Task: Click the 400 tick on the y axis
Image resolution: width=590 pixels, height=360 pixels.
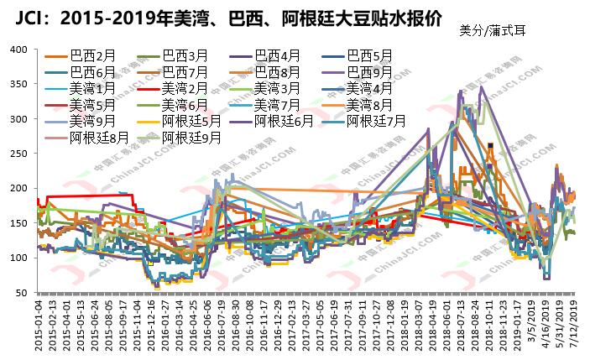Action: pyautogui.click(x=18, y=49)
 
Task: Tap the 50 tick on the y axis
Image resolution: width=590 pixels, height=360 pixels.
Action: pyautogui.click(x=21, y=292)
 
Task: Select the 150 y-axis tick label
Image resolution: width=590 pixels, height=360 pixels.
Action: pyautogui.click(x=18, y=222)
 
